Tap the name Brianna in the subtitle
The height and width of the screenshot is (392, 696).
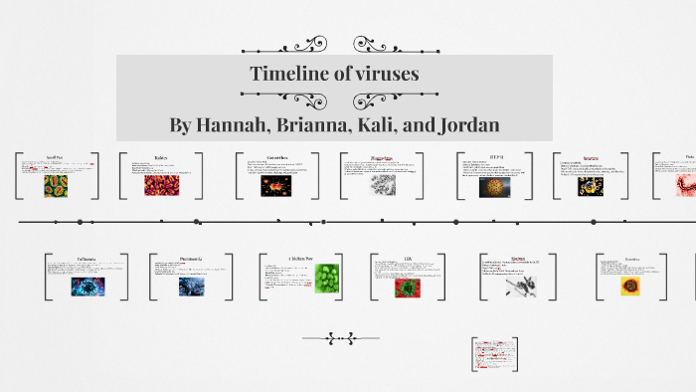(322, 125)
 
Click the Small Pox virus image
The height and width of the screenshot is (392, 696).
(55, 186)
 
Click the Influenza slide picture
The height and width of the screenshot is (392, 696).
(85, 287)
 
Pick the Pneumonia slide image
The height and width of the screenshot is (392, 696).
(192, 287)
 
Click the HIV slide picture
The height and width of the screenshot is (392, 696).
(406, 287)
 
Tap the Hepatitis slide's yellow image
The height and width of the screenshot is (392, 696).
(629, 286)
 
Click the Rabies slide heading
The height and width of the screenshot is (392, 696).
(160, 158)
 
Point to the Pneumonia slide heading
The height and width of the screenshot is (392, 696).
(191, 260)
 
